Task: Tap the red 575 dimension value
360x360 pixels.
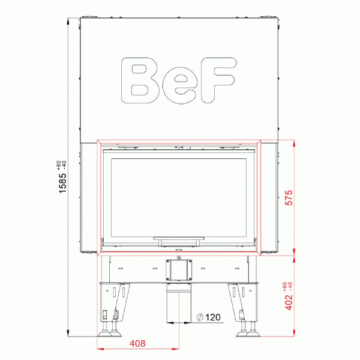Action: click(x=289, y=198)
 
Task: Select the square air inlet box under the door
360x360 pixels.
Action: click(x=178, y=269)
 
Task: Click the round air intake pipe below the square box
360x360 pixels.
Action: click(x=178, y=303)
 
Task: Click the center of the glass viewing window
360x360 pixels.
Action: click(x=178, y=195)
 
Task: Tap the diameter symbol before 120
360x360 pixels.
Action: click(x=199, y=317)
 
